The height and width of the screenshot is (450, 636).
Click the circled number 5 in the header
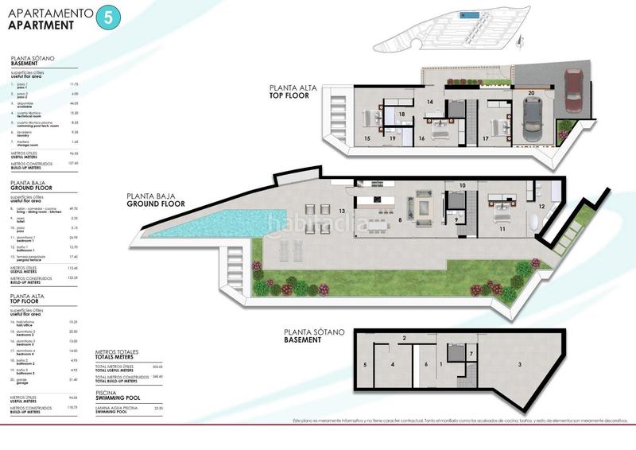click(x=103, y=20)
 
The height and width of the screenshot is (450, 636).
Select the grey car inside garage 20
click(x=531, y=123)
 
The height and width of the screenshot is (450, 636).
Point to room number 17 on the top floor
click(x=485, y=138)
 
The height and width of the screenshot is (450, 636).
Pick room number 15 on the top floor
click(x=366, y=138)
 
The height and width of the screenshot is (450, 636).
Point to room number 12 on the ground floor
click(x=541, y=206)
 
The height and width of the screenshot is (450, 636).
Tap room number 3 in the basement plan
click(x=519, y=364)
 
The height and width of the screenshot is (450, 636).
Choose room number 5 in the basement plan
click(x=365, y=365)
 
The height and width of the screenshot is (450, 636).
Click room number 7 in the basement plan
click(x=471, y=353)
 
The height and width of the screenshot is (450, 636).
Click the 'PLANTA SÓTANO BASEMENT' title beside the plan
click(x=303, y=336)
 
